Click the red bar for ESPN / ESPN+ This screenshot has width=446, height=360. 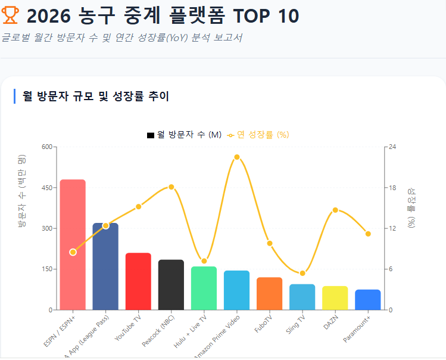coord(73,244)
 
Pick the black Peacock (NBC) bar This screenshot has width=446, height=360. coord(171,285)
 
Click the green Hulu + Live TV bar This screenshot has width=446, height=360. coord(204,288)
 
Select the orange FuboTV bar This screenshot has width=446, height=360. coord(270,294)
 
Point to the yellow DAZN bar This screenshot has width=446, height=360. coord(335,298)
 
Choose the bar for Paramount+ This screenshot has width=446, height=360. coord(368,300)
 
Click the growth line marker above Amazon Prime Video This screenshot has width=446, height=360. coord(237,157)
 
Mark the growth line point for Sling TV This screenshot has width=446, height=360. coord(302,273)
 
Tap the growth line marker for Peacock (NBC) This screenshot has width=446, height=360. coord(171,187)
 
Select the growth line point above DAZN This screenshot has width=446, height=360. coord(335,210)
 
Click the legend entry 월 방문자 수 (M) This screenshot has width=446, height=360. coord(185,135)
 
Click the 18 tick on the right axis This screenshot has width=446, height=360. coord(393,187)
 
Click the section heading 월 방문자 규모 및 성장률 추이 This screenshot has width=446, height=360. coord(95,96)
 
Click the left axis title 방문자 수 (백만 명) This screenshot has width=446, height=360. coord(22,191)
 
